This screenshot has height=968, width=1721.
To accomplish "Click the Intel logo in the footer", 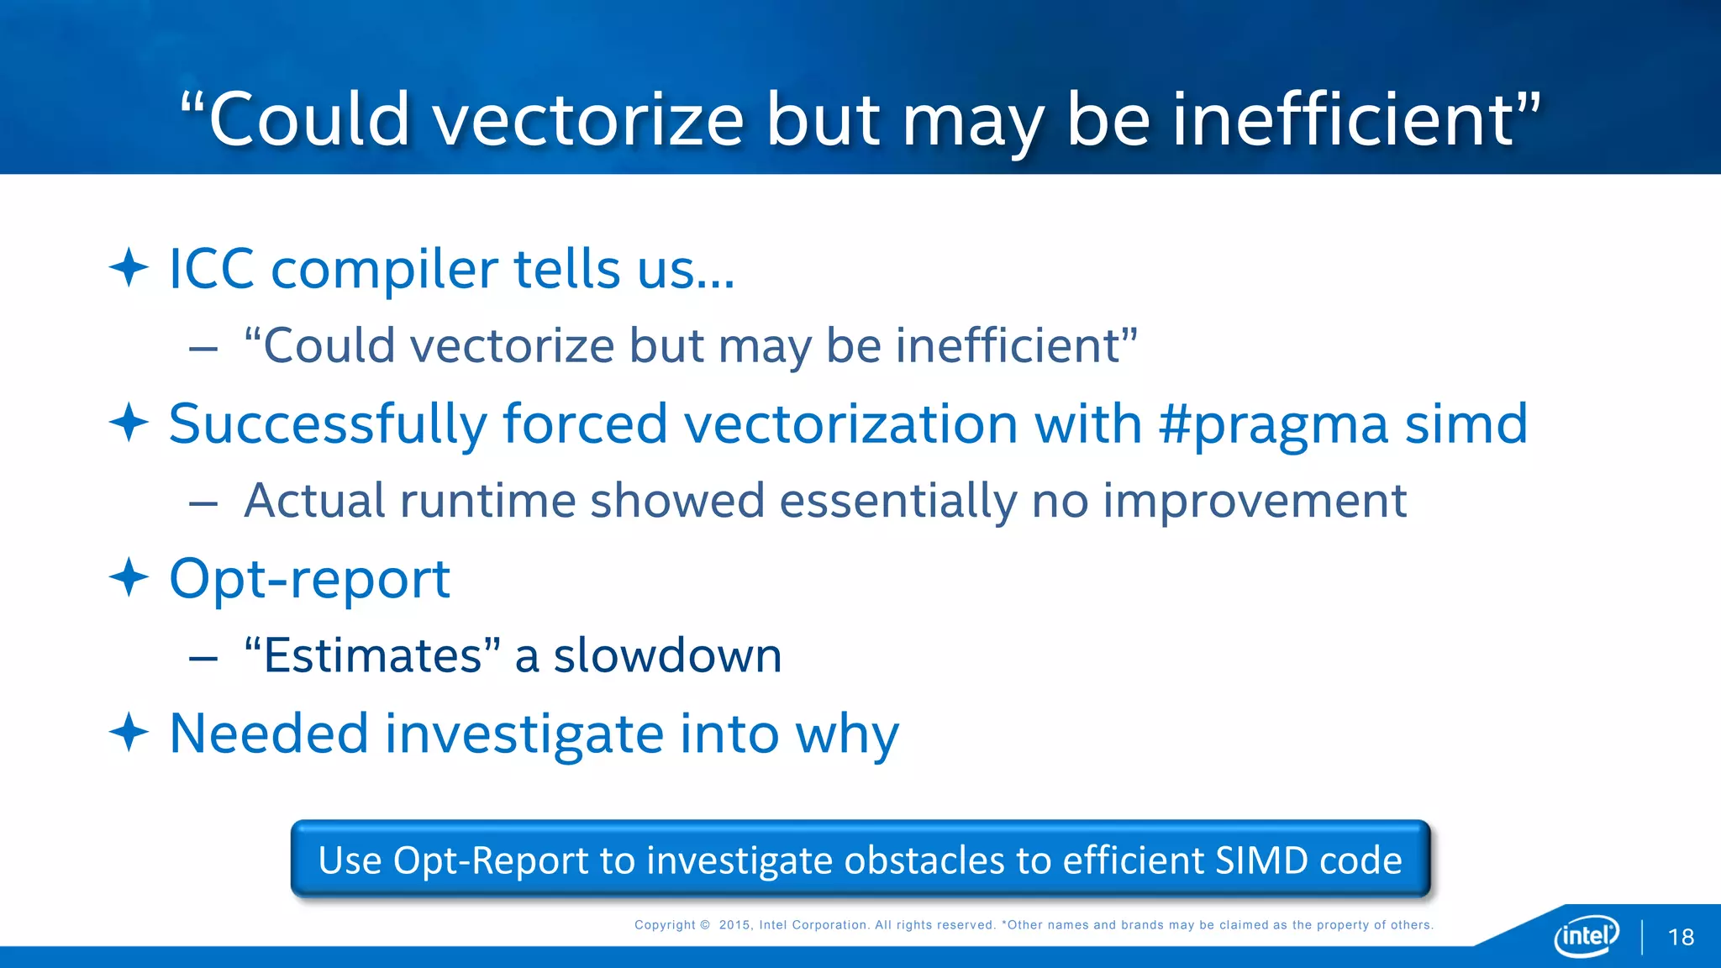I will point(1586,935).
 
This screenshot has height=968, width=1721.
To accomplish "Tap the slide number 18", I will point(1681,937).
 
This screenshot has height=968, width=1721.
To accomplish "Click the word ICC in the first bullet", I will point(212,269).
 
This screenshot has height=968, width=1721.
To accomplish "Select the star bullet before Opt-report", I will point(129,577).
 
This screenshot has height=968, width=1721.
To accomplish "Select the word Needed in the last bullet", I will point(269,733).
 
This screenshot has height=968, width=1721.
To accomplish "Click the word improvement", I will point(1254,502).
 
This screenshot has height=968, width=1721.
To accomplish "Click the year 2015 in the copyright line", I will point(734,925).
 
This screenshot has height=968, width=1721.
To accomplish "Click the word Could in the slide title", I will point(308,119).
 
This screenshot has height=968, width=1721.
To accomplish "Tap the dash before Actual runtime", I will point(203,503).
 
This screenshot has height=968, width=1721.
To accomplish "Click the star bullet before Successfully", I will point(129,423).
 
